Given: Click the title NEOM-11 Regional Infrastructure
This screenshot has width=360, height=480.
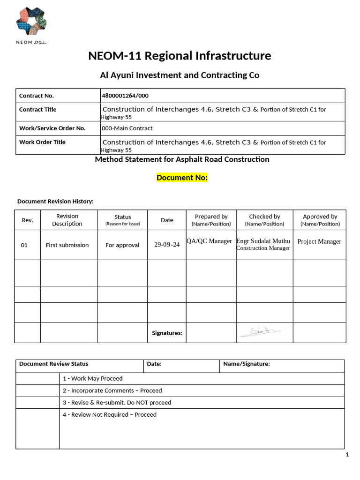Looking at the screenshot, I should [x=180, y=56].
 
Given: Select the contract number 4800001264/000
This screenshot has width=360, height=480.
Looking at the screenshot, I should [x=125, y=96].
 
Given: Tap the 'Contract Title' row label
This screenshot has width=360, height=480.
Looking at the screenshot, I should [x=37, y=109].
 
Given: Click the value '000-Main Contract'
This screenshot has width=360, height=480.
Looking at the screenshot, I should [x=127, y=128].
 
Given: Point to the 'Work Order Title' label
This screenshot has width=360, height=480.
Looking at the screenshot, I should [x=42, y=142].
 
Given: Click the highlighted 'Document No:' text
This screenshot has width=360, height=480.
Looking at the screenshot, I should [x=182, y=178].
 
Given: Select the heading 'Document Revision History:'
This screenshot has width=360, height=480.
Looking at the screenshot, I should [x=55, y=201].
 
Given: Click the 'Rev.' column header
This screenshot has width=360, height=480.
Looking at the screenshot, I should [x=27, y=220].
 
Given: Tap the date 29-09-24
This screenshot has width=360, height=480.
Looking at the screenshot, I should [x=167, y=245].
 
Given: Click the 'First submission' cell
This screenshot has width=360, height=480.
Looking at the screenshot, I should [x=67, y=245].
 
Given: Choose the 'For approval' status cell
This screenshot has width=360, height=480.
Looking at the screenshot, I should [x=122, y=245].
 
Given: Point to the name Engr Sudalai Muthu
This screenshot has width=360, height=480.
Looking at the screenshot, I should [x=263, y=241].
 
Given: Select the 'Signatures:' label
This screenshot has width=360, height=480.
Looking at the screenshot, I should [x=167, y=333].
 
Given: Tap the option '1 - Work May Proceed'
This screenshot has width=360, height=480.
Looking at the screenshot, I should [x=92, y=378].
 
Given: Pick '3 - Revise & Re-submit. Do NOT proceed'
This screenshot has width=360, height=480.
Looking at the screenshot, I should [x=117, y=403].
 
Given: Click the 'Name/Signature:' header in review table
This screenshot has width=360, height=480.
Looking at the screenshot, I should [x=246, y=364].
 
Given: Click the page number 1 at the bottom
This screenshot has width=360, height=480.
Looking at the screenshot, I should [x=347, y=455].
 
